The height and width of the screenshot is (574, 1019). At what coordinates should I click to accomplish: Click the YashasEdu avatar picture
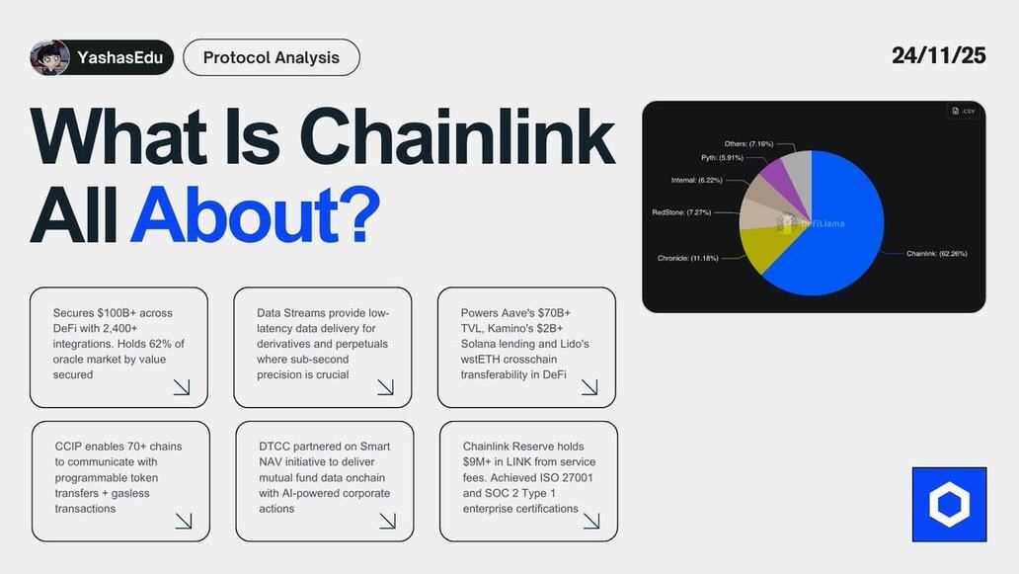click(49, 57)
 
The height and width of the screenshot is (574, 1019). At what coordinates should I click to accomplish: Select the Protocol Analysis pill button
click(271, 57)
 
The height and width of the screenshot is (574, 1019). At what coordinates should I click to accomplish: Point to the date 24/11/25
click(938, 55)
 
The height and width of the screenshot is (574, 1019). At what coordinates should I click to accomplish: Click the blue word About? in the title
click(256, 213)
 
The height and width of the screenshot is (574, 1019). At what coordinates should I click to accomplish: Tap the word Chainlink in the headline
click(457, 136)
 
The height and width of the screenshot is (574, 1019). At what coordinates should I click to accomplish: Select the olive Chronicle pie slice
click(767, 248)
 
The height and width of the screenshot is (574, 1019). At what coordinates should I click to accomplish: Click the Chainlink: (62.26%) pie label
click(936, 254)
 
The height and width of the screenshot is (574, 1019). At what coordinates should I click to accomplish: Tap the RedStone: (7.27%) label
click(681, 212)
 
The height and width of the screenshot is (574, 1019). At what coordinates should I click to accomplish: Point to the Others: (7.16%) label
click(748, 143)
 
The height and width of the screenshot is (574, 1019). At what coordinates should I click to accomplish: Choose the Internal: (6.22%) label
click(697, 180)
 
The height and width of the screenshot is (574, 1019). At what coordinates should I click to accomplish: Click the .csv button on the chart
click(964, 112)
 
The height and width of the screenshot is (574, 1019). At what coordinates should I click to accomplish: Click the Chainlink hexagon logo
click(950, 505)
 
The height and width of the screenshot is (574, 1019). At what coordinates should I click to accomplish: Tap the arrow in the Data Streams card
click(385, 387)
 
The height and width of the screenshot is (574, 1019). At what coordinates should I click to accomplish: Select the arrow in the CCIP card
click(184, 521)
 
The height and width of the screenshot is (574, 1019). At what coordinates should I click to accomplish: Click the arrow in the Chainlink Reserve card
click(591, 521)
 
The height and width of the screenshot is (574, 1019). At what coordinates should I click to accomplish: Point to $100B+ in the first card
click(118, 312)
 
